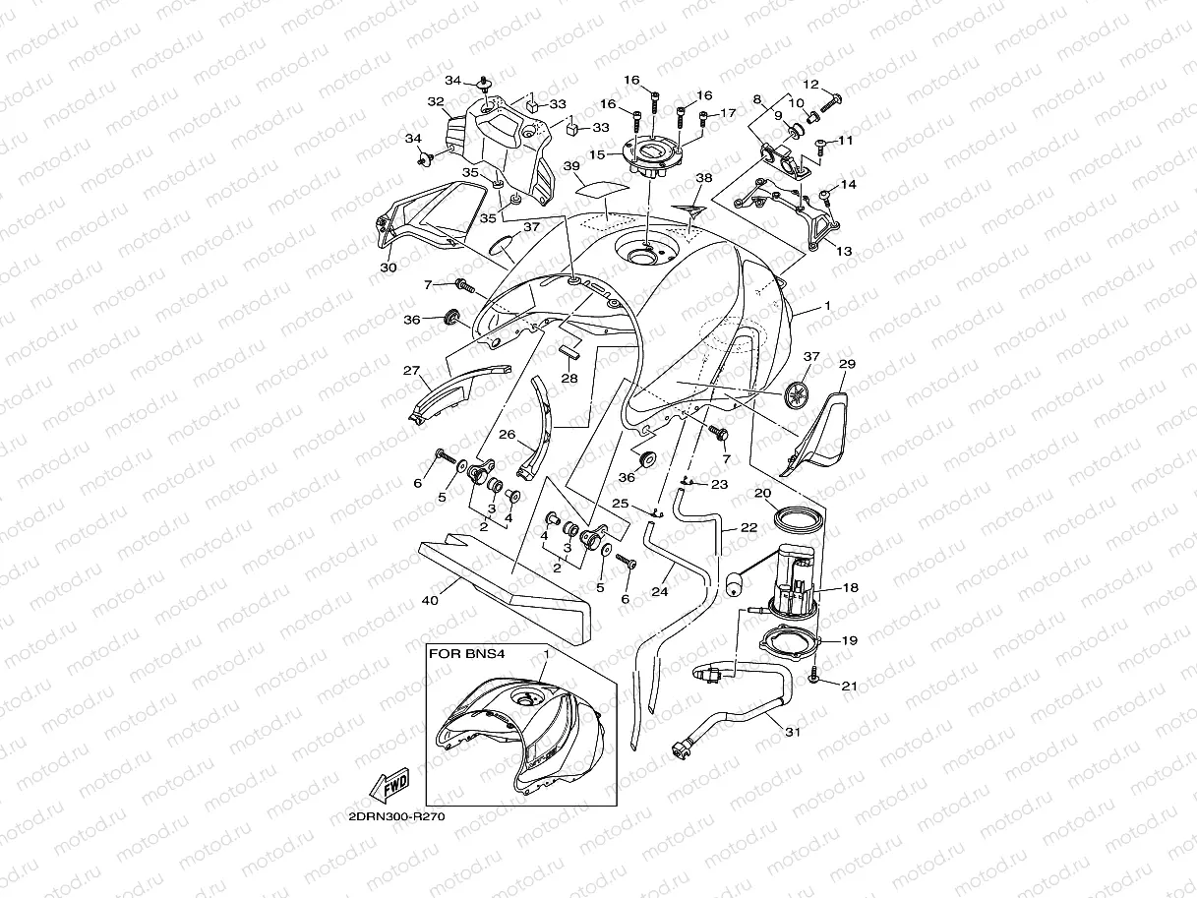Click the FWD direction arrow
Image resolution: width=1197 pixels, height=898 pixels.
click(x=389, y=786)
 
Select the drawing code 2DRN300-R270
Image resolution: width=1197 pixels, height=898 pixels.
click(x=389, y=816)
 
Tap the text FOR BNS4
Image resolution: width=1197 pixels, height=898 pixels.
click(x=457, y=652)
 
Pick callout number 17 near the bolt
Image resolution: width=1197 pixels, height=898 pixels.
click(x=728, y=113)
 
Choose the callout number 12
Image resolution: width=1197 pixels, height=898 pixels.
click(x=810, y=85)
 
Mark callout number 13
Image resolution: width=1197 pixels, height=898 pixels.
click(x=844, y=251)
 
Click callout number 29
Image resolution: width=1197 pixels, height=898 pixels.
click(x=848, y=364)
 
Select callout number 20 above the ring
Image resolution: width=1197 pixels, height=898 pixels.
click(x=763, y=493)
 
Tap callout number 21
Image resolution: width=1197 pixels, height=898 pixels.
click(x=850, y=686)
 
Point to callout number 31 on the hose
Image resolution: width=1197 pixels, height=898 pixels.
click(x=791, y=731)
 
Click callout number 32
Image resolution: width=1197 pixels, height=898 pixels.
click(x=435, y=101)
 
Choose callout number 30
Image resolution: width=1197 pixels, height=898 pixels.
click(x=388, y=267)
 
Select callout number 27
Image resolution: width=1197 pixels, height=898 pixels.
click(x=411, y=371)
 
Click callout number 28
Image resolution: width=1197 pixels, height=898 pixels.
click(x=569, y=378)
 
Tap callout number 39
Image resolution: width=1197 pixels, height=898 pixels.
click(x=599, y=166)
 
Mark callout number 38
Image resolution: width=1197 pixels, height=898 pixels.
click(x=730, y=178)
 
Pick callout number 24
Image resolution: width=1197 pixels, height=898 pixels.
click(x=660, y=593)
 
